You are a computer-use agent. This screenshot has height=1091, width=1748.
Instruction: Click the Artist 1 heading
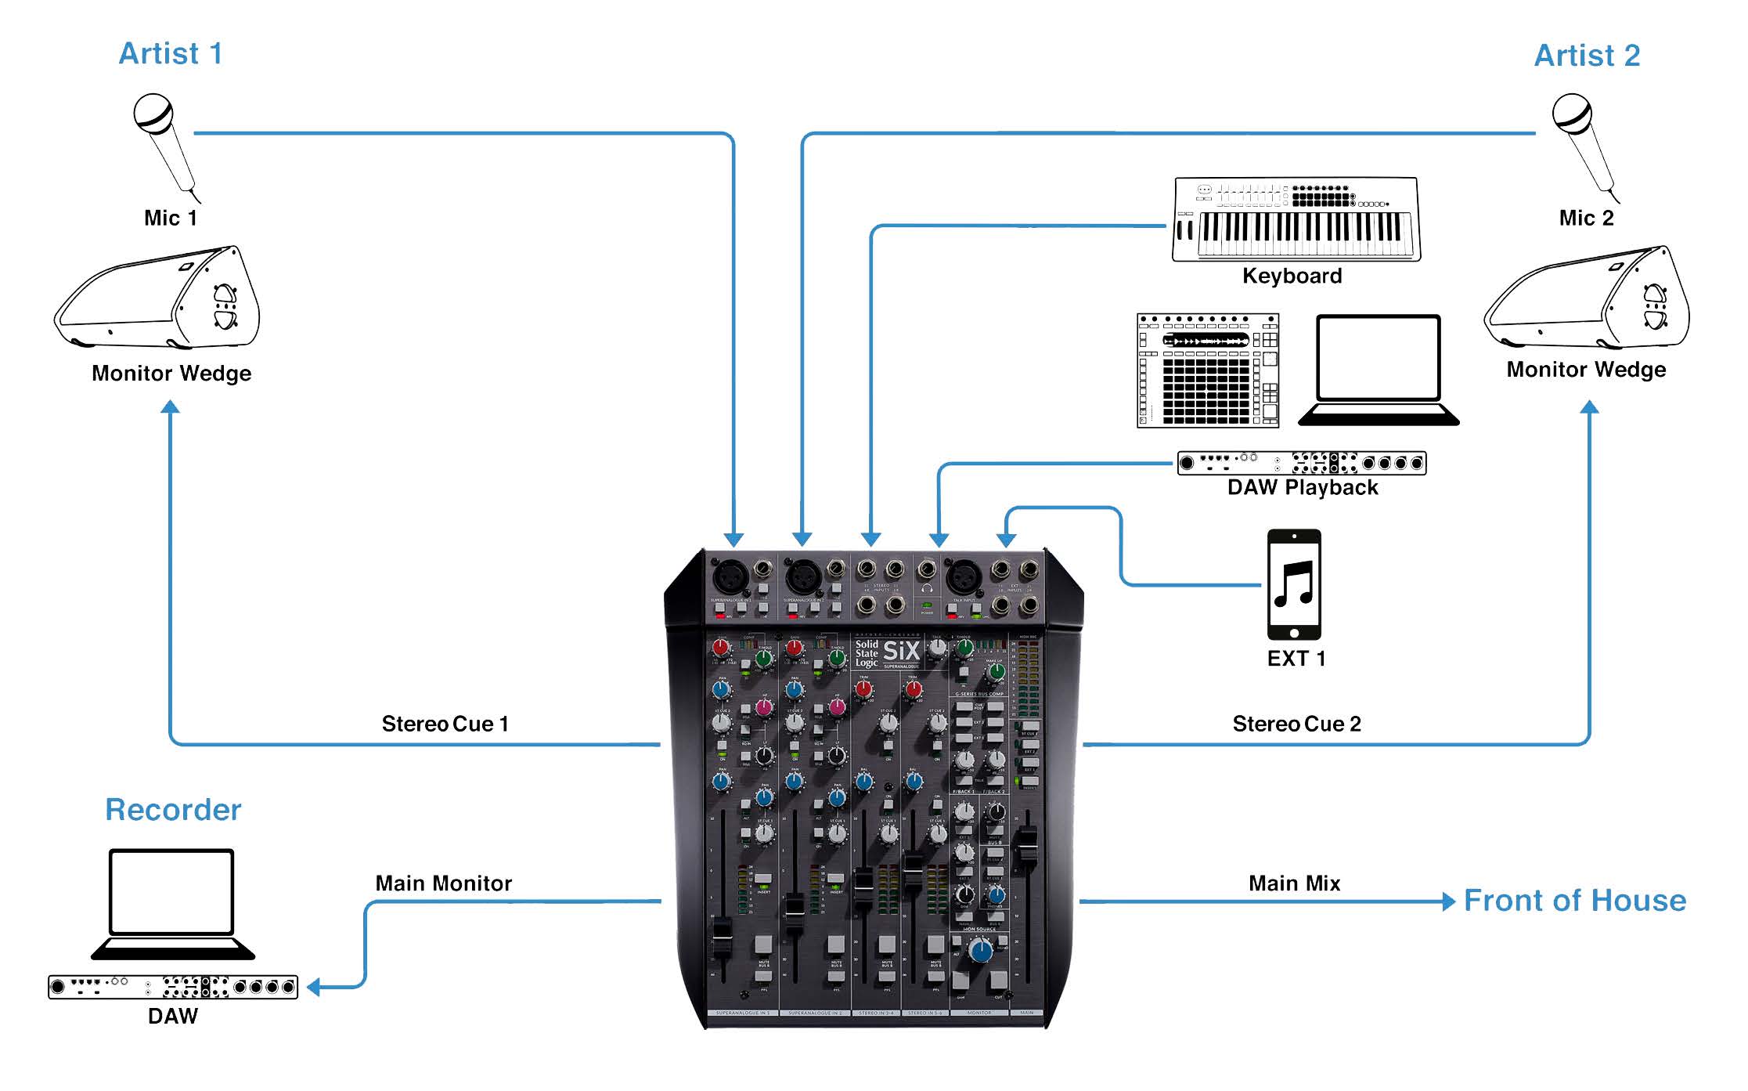tap(171, 54)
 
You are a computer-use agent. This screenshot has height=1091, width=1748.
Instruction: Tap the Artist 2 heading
tap(1587, 56)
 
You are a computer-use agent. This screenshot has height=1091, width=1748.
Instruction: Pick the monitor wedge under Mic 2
tap(1588, 298)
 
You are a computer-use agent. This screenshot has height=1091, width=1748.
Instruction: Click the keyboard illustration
tap(1296, 219)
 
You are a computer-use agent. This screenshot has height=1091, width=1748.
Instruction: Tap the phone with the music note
tap(1294, 585)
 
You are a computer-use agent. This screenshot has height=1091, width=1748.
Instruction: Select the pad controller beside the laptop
tap(1208, 370)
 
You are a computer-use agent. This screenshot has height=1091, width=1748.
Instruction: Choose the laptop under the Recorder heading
tap(172, 904)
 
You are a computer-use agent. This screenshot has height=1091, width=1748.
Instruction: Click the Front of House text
tap(1575, 901)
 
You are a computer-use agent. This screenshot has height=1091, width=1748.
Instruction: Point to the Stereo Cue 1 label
tap(445, 724)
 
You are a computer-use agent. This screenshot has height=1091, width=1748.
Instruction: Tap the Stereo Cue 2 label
tap(1296, 724)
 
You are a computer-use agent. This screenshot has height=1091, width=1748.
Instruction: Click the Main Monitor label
tap(443, 883)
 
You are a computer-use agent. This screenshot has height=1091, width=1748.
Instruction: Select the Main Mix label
tap(1294, 883)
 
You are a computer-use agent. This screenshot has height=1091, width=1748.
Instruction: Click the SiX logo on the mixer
tap(901, 652)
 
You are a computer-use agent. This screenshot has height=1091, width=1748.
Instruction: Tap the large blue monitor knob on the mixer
tap(980, 951)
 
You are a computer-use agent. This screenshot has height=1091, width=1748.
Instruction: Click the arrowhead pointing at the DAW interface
tap(313, 987)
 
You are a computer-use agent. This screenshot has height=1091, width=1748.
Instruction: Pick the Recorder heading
tap(173, 810)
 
